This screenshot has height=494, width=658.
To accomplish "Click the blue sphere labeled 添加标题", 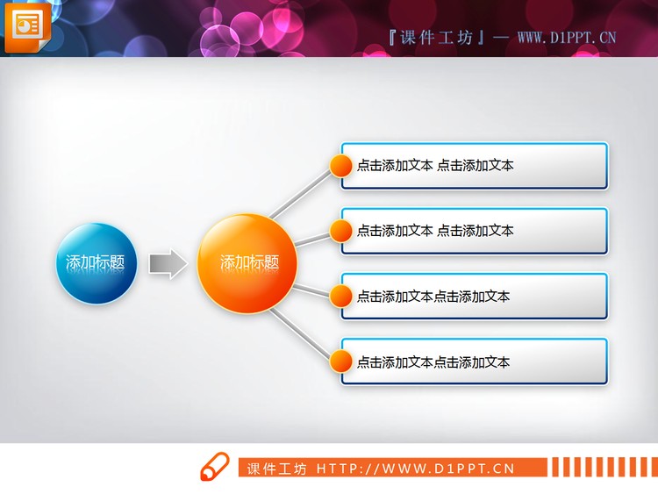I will [x=96, y=262].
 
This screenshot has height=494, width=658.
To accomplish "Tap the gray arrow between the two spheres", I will [x=167, y=263].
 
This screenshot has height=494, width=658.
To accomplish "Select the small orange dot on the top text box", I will [x=340, y=165].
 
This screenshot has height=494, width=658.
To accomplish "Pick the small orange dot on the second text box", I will [x=340, y=231].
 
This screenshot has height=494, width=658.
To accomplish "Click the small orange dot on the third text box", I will [x=340, y=297].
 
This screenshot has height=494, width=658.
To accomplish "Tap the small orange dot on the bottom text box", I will [x=340, y=362].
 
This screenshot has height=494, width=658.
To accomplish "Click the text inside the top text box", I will [x=435, y=165].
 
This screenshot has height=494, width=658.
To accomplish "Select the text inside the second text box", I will [x=435, y=231].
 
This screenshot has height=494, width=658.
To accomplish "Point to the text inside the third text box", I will [x=433, y=297].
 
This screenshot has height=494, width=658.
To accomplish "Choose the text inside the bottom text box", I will [x=433, y=362].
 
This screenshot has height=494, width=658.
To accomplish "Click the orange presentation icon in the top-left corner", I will [x=27, y=25].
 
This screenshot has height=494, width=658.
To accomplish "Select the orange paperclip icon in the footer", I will [x=214, y=469].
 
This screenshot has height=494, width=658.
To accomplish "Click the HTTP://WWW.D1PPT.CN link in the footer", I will [x=415, y=469].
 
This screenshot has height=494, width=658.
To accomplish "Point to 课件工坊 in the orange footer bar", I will [x=276, y=469].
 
